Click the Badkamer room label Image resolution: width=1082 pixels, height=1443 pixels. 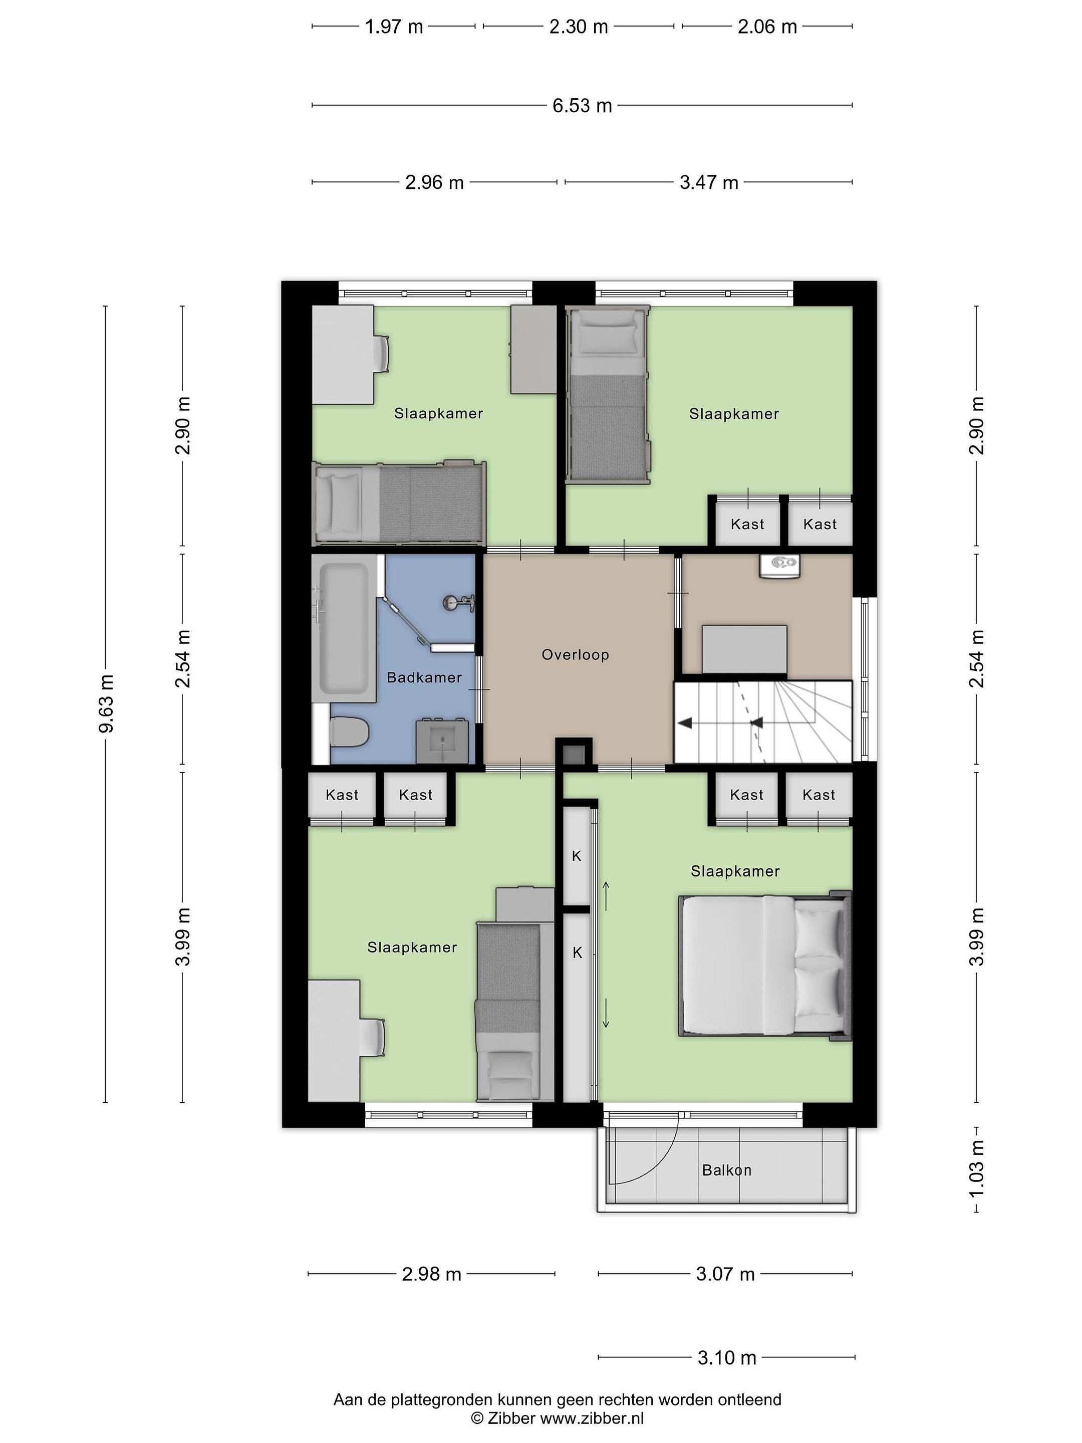[x=424, y=678]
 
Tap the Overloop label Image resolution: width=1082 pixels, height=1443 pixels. [x=575, y=654]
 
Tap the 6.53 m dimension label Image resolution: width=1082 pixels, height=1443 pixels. [x=583, y=106]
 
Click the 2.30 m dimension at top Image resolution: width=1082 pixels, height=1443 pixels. [x=579, y=27]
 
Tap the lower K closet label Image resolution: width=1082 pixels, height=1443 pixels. [x=577, y=953]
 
